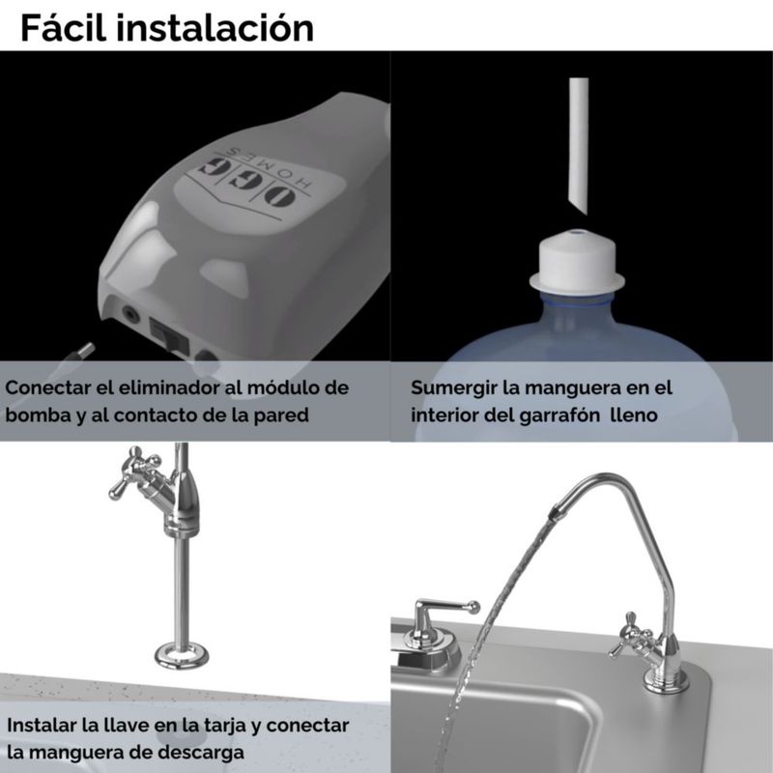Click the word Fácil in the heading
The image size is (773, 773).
pyautogui.click(x=63, y=28)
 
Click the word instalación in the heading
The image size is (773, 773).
pyautogui.click(x=215, y=28)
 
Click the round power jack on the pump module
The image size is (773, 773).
pyautogui.click(x=130, y=313)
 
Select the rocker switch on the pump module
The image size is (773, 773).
pyautogui.click(x=169, y=335)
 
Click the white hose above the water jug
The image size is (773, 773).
pyautogui.click(x=578, y=146)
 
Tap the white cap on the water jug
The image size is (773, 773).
pyautogui.click(x=577, y=264)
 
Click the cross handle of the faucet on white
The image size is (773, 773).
pyautogui.click(x=136, y=471)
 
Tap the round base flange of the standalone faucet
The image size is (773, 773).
pyautogui.click(x=182, y=656)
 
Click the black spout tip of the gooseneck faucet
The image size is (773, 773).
pyautogui.click(x=556, y=513)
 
